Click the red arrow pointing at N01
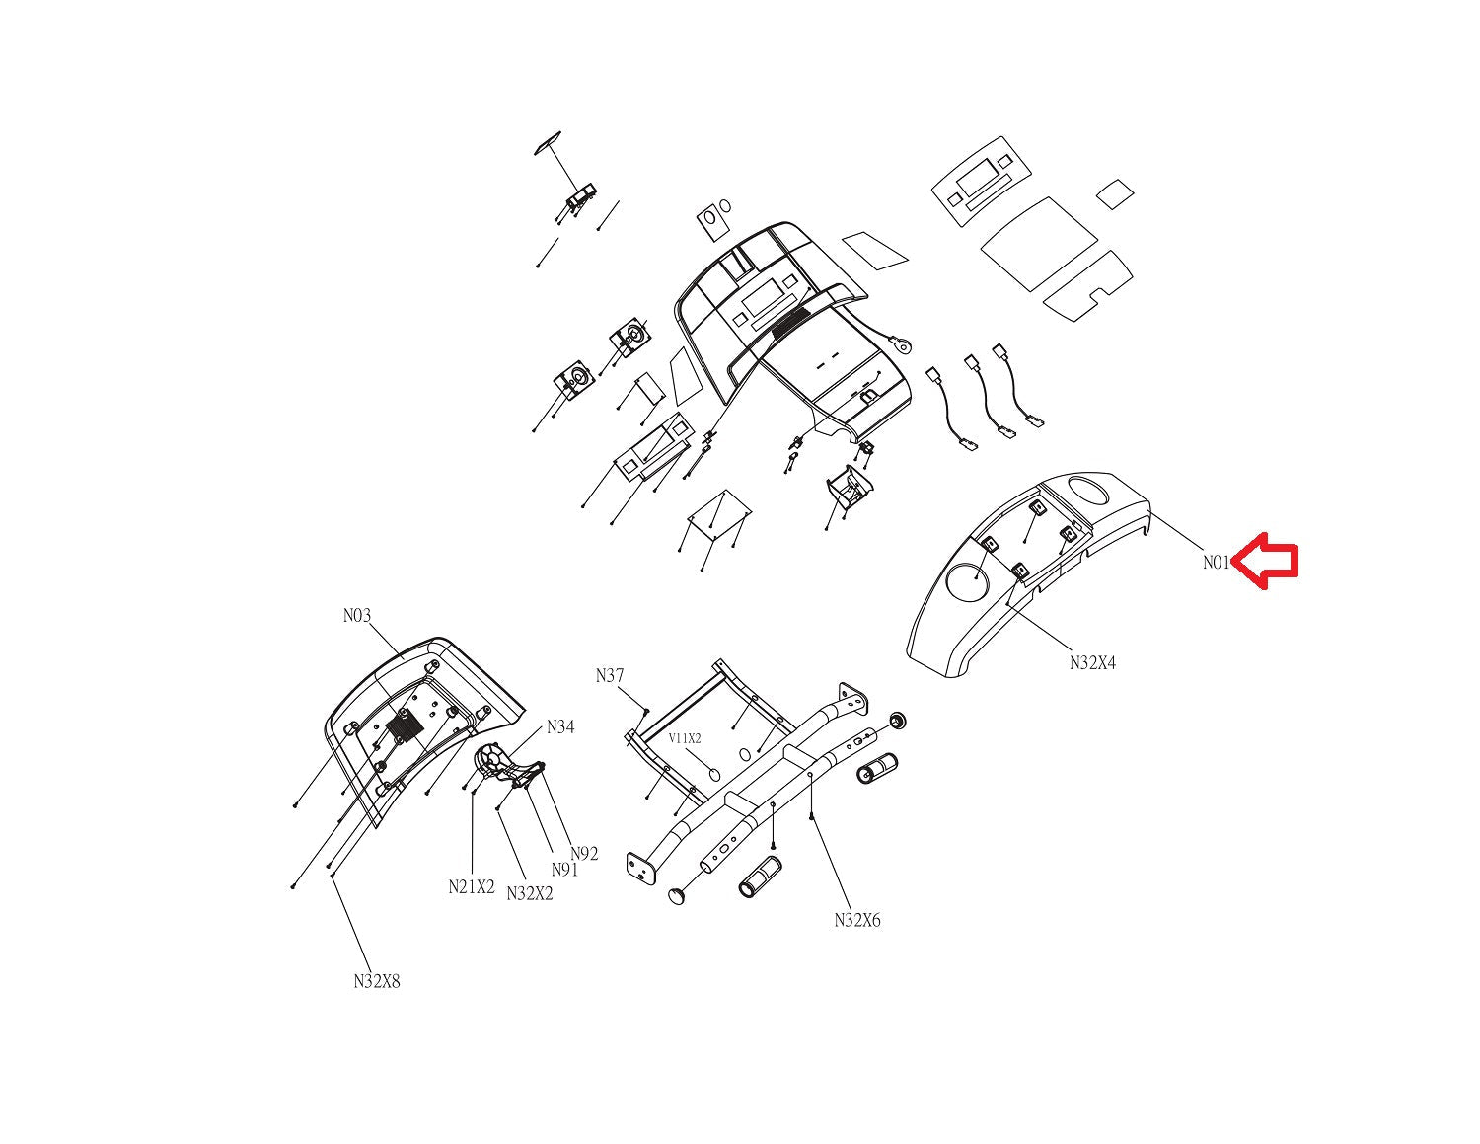(x=1266, y=561)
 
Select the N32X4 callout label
(x=1092, y=663)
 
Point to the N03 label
(x=357, y=616)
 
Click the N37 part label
(x=610, y=675)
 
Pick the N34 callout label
(x=560, y=727)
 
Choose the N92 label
(x=584, y=854)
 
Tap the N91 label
(x=564, y=871)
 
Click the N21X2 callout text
(x=472, y=887)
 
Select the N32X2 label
(x=529, y=893)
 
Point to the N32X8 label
(x=377, y=981)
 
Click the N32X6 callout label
(x=857, y=921)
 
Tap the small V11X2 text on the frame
(x=685, y=738)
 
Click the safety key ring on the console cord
(x=903, y=345)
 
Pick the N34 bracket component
(x=507, y=766)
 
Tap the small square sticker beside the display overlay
(x=1115, y=194)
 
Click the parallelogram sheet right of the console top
(x=874, y=251)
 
